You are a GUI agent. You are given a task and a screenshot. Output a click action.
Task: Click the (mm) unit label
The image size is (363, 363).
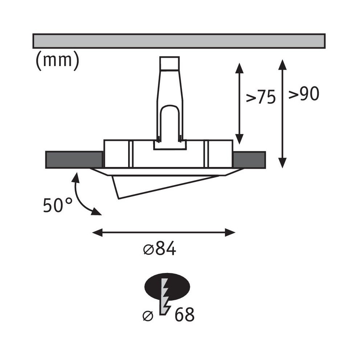coord(58,60)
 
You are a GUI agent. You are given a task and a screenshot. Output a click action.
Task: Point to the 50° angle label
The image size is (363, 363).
coord(58,205)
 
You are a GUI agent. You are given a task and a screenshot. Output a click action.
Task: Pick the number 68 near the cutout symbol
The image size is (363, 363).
coord(184,315)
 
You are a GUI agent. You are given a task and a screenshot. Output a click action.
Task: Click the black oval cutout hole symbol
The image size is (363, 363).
coord(167,287)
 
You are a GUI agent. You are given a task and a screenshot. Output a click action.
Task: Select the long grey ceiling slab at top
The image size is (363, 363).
coord(179,41)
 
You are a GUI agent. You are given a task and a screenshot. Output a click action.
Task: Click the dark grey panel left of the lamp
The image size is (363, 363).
coord(74,159)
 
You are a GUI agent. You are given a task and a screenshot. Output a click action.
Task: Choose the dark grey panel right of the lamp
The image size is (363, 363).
coord(249,159)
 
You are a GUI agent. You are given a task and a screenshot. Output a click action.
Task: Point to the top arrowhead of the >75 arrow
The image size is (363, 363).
coord(239,68)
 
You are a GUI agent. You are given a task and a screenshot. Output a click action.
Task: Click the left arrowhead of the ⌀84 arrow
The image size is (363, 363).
coord(97,232)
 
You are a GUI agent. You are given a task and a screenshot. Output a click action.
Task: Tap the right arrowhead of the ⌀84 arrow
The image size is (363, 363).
coord(230,232)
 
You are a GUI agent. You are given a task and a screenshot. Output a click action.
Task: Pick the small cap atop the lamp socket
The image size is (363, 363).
coord(170,63)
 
